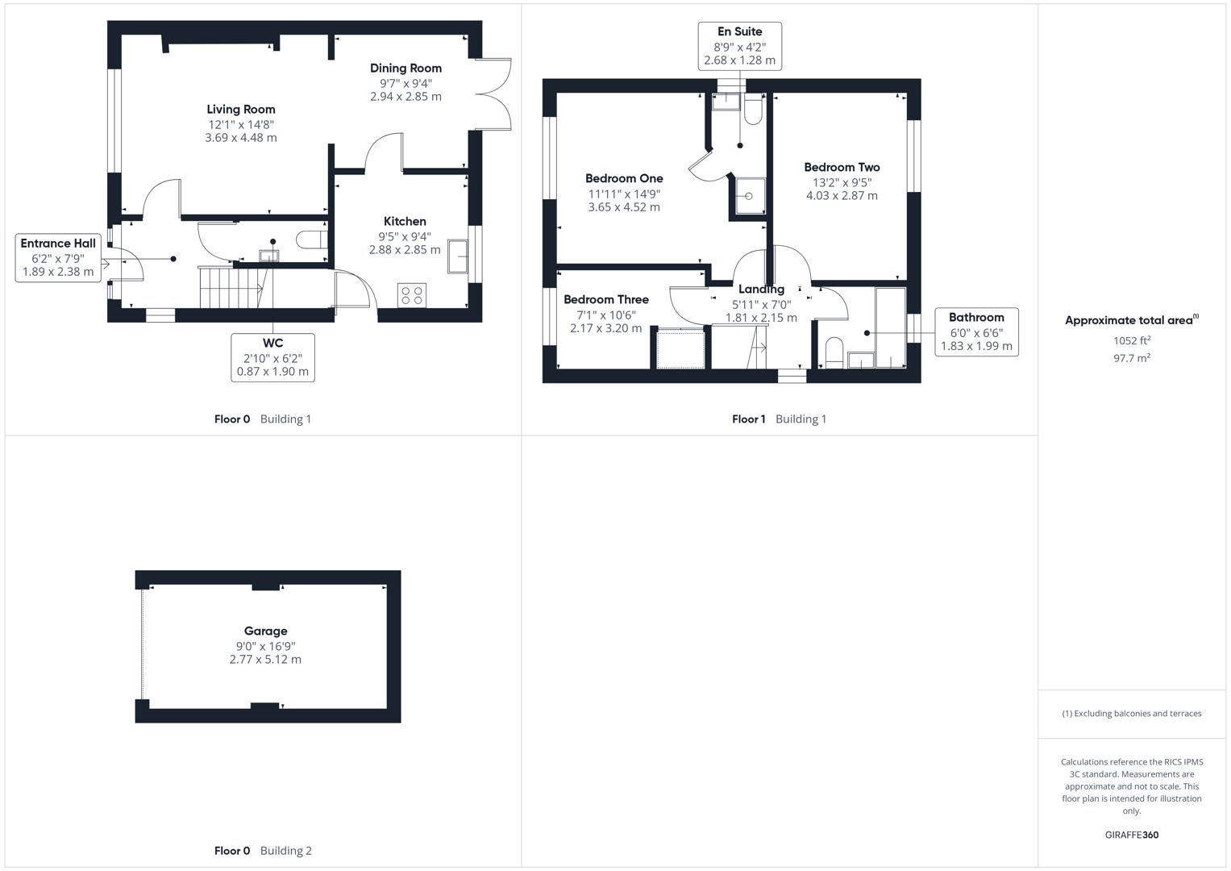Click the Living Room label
click(240, 110)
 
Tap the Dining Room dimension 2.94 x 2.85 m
click(405, 97)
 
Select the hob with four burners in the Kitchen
click(412, 295)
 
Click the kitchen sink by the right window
click(458, 256)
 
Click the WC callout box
click(272, 357)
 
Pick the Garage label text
click(265, 631)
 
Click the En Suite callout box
click(739, 46)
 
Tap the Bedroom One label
click(624, 179)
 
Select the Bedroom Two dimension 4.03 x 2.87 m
click(842, 196)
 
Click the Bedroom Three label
click(605, 300)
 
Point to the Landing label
click(761, 290)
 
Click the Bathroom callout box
click(976, 331)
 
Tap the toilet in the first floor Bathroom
click(834, 352)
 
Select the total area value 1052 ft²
click(1132, 341)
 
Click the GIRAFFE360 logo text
click(1131, 835)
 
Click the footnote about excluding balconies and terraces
click(1131, 714)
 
